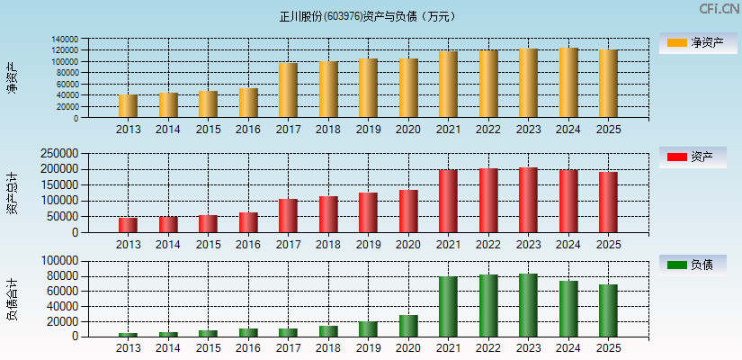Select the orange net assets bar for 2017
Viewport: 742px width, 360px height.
click(288, 90)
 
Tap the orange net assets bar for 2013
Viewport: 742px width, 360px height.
click(128, 106)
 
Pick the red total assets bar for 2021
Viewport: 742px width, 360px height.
click(448, 202)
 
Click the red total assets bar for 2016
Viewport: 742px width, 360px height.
click(248, 222)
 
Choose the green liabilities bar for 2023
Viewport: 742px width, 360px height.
click(528, 305)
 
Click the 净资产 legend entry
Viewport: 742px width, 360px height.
click(694, 42)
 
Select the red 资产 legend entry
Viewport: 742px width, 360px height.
click(694, 157)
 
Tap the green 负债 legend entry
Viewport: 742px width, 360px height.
click(694, 265)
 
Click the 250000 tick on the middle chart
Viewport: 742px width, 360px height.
click(58, 153)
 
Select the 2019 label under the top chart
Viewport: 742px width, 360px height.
click(368, 130)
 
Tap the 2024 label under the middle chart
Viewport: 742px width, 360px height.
click(568, 245)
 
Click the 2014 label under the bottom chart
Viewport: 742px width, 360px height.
click(168, 348)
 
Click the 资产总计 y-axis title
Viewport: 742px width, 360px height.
click(13, 193)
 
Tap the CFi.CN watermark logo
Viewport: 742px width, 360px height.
click(719, 9)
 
